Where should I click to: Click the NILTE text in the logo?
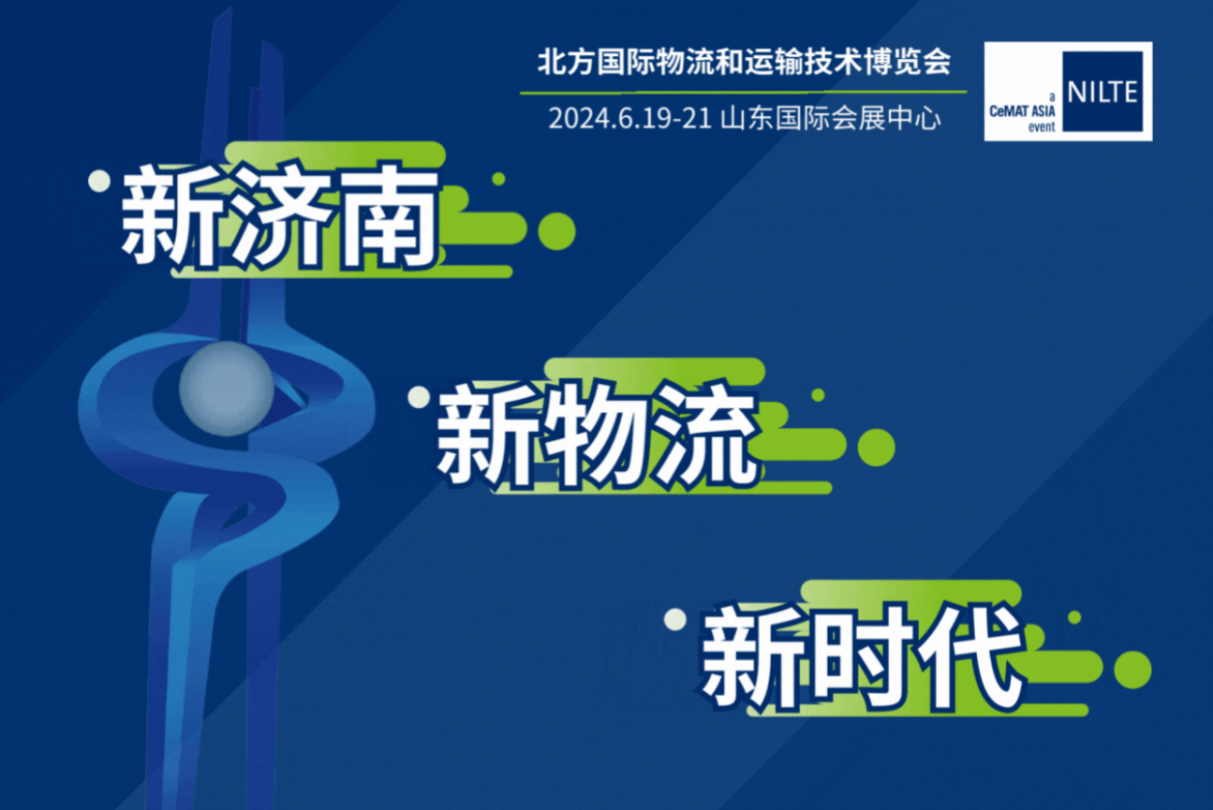point(1102,92)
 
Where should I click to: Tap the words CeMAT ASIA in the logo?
point(1022,111)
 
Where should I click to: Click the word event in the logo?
point(1042,127)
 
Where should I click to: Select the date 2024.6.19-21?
point(629,119)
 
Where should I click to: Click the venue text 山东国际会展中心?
point(831,119)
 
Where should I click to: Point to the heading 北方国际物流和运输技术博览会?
point(744,62)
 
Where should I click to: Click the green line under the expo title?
point(744,92)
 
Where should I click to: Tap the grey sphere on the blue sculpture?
point(227,389)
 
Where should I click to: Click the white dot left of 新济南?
point(99,182)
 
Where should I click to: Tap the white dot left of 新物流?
point(419,397)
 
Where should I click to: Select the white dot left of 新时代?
point(675,619)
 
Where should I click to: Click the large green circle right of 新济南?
point(556,231)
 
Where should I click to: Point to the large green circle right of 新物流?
point(876,448)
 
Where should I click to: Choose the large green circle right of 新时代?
point(1132,670)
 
